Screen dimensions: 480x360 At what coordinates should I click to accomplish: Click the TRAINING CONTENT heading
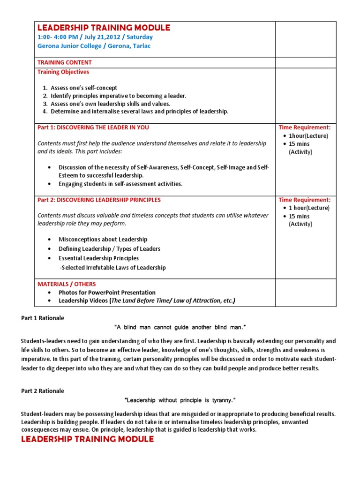point(65,62)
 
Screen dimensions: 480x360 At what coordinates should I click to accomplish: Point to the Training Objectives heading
point(63,72)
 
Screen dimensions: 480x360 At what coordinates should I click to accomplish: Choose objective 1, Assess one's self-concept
point(84,88)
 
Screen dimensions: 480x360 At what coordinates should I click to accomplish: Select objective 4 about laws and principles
point(139,112)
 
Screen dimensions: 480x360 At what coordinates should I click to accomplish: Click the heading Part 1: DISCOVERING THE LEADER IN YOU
point(93,127)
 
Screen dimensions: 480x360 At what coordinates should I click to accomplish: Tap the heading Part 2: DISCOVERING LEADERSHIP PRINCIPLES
point(99,200)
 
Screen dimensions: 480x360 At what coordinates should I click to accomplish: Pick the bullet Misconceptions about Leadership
point(103,240)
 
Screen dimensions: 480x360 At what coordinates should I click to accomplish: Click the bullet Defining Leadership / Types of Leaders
point(109,249)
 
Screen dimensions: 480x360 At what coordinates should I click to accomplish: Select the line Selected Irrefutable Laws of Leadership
point(112,268)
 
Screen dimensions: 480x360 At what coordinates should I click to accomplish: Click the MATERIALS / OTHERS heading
point(67,284)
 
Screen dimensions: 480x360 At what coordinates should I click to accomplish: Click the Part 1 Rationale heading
point(43,318)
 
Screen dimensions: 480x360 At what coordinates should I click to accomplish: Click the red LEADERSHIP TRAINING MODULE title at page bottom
point(88,439)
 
